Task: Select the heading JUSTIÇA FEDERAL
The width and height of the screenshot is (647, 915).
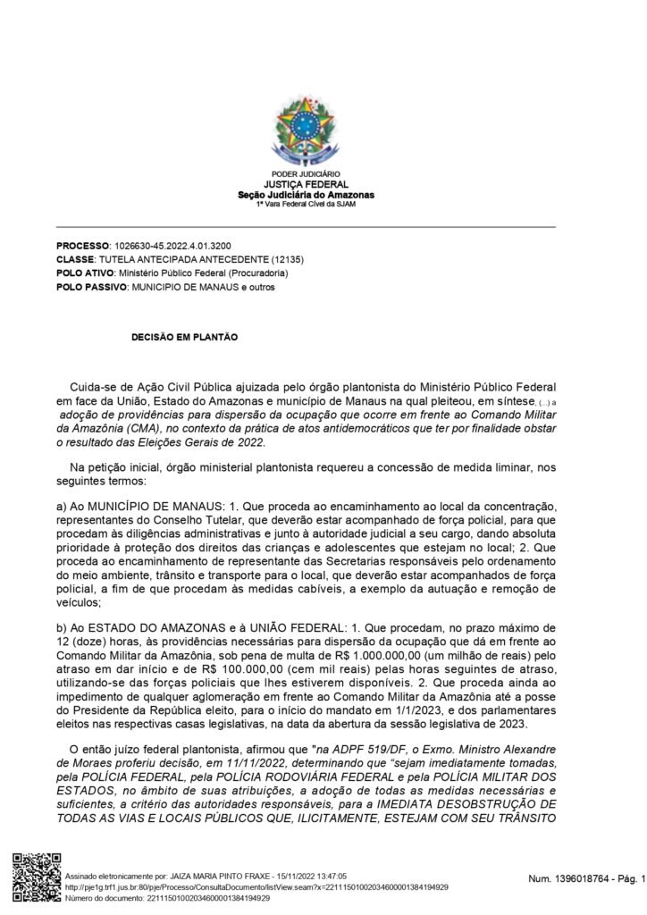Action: [x=306, y=185]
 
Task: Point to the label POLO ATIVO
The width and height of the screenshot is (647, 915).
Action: [x=87, y=273]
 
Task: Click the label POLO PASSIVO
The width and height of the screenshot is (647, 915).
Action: [x=92, y=287]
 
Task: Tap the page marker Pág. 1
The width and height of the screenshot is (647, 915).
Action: [x=628, y=882]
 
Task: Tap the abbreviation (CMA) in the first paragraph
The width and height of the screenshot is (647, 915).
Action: [x=130, y=430]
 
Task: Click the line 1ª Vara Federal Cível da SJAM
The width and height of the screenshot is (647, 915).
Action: [x=306, y=204]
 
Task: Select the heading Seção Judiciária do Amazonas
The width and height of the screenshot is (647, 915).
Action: [x=306, y=195]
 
